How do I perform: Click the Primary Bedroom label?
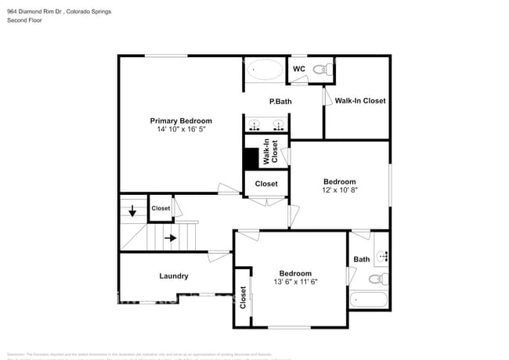(181, 121)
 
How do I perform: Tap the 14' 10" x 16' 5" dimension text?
(181, 130)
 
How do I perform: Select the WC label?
(298, 70)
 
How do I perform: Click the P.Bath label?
(280, 101)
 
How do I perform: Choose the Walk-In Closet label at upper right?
(360, 101)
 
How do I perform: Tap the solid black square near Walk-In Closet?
(251, 159)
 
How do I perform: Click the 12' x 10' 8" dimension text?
(339, 190)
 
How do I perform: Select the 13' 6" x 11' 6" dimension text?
(295, 282)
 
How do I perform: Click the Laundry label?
(173, 275)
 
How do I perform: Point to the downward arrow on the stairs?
(132, 211)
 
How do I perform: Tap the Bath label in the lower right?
(361, 259)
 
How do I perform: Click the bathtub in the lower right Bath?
(368, 300)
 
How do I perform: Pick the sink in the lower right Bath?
(383, 256)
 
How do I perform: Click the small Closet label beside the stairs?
(161, 208)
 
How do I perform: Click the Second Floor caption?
(24, 21)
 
